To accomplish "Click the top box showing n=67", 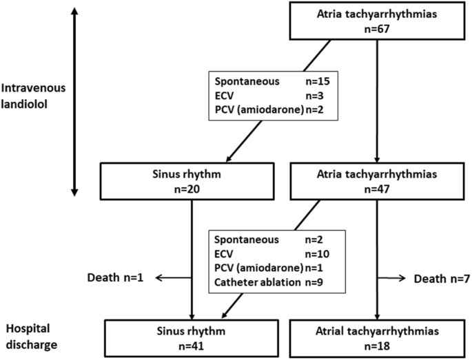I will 375,20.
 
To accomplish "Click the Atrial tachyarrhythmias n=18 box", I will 375,337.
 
